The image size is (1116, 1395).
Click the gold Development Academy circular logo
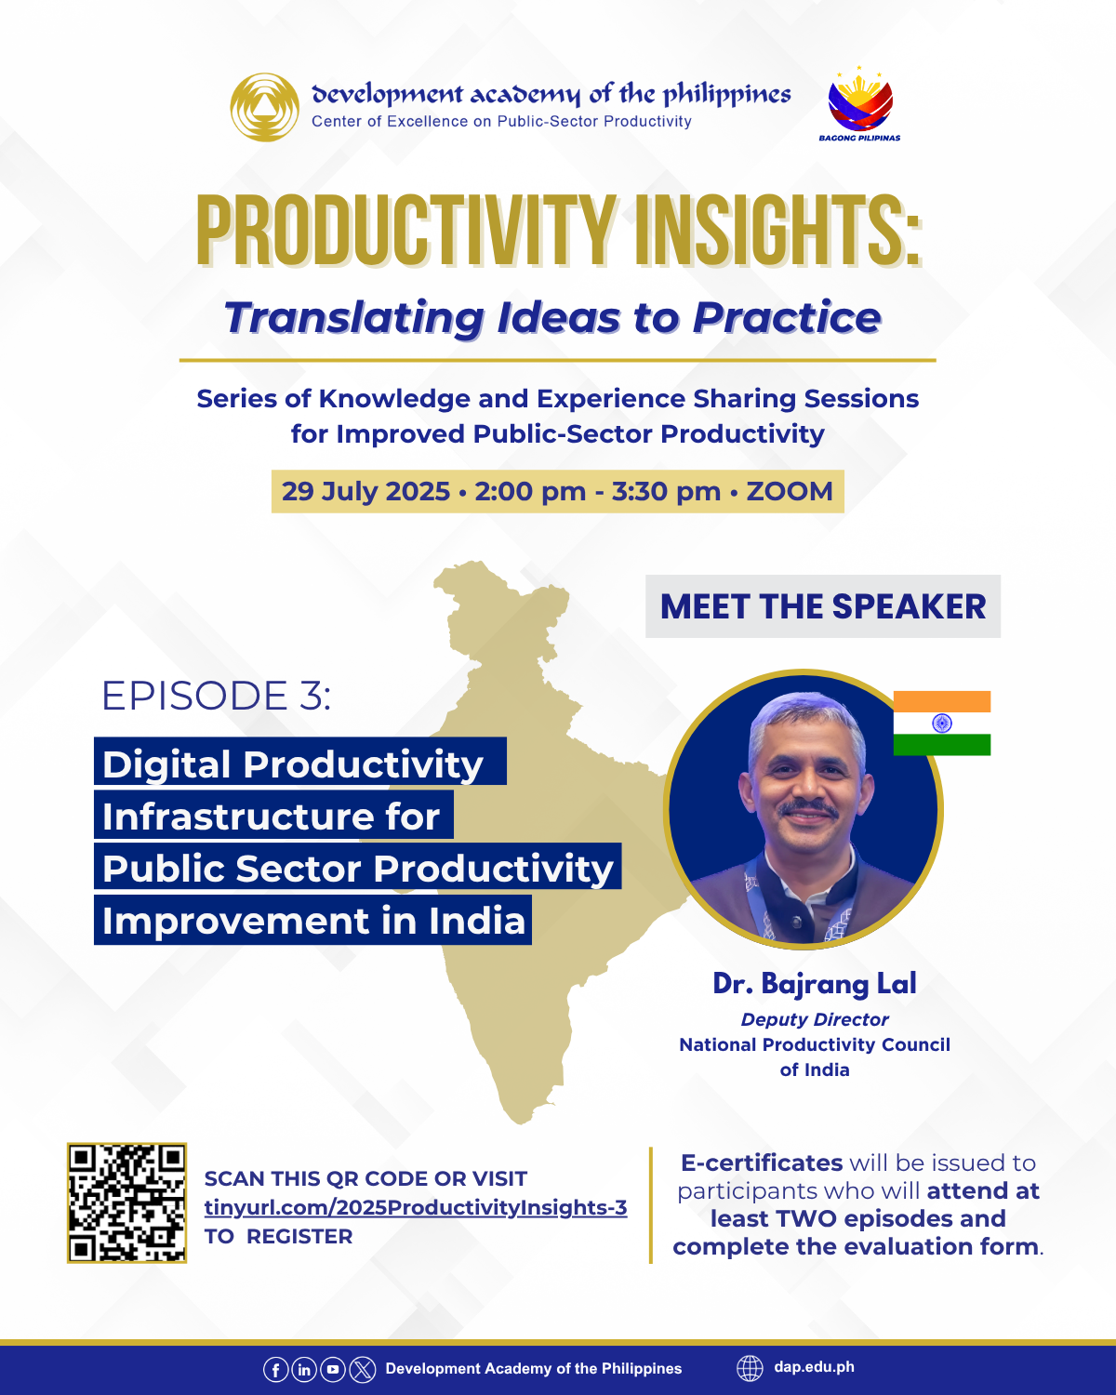point(264,107)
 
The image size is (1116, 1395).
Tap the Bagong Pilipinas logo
point(860,104)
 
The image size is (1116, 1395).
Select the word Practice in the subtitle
point(787,318)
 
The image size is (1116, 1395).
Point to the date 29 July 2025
point(365,491)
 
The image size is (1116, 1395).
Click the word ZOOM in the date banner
point(790,491)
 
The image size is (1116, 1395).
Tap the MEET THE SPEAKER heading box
point(823,606)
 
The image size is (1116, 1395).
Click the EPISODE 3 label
point(216,696)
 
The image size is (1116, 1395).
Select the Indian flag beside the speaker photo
point(941,723)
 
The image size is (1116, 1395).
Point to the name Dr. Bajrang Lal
point(815,983)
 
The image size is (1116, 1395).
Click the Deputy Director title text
point(815,1019)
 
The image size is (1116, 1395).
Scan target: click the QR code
point(126,1202)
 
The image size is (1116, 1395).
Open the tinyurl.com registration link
point(416,1208)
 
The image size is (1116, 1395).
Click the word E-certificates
point(762,1162)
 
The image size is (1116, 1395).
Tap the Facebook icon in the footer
point(275,1370)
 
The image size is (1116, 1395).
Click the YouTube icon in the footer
point(333,1370)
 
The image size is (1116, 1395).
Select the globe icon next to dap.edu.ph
point(750,1368)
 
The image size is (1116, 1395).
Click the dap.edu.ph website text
point(814,1367)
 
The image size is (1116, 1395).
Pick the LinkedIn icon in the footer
point(304,1370)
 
